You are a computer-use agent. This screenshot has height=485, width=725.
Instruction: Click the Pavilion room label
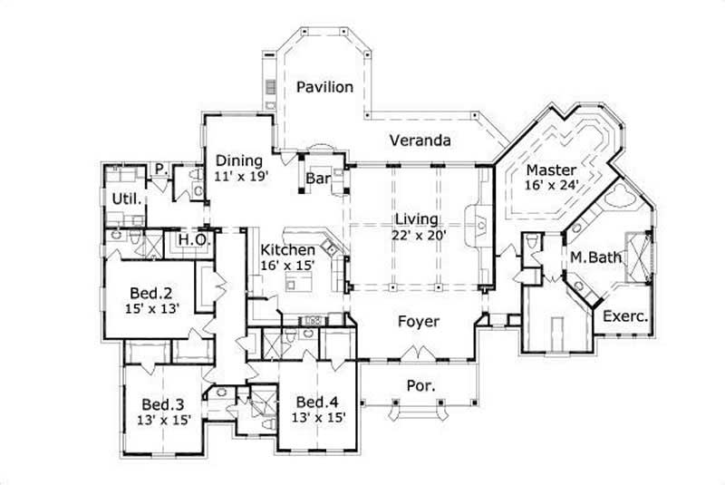[324, 87]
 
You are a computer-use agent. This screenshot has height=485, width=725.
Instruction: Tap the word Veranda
[420, 141]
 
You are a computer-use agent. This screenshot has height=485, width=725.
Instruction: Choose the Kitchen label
[288, 249]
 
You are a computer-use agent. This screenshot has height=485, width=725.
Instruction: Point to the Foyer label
[418, 322]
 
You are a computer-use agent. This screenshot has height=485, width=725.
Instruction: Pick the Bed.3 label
[164, 404]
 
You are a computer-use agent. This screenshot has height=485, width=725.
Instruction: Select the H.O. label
[192, 238]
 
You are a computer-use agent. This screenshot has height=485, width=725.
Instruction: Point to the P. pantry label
[159, 169]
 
